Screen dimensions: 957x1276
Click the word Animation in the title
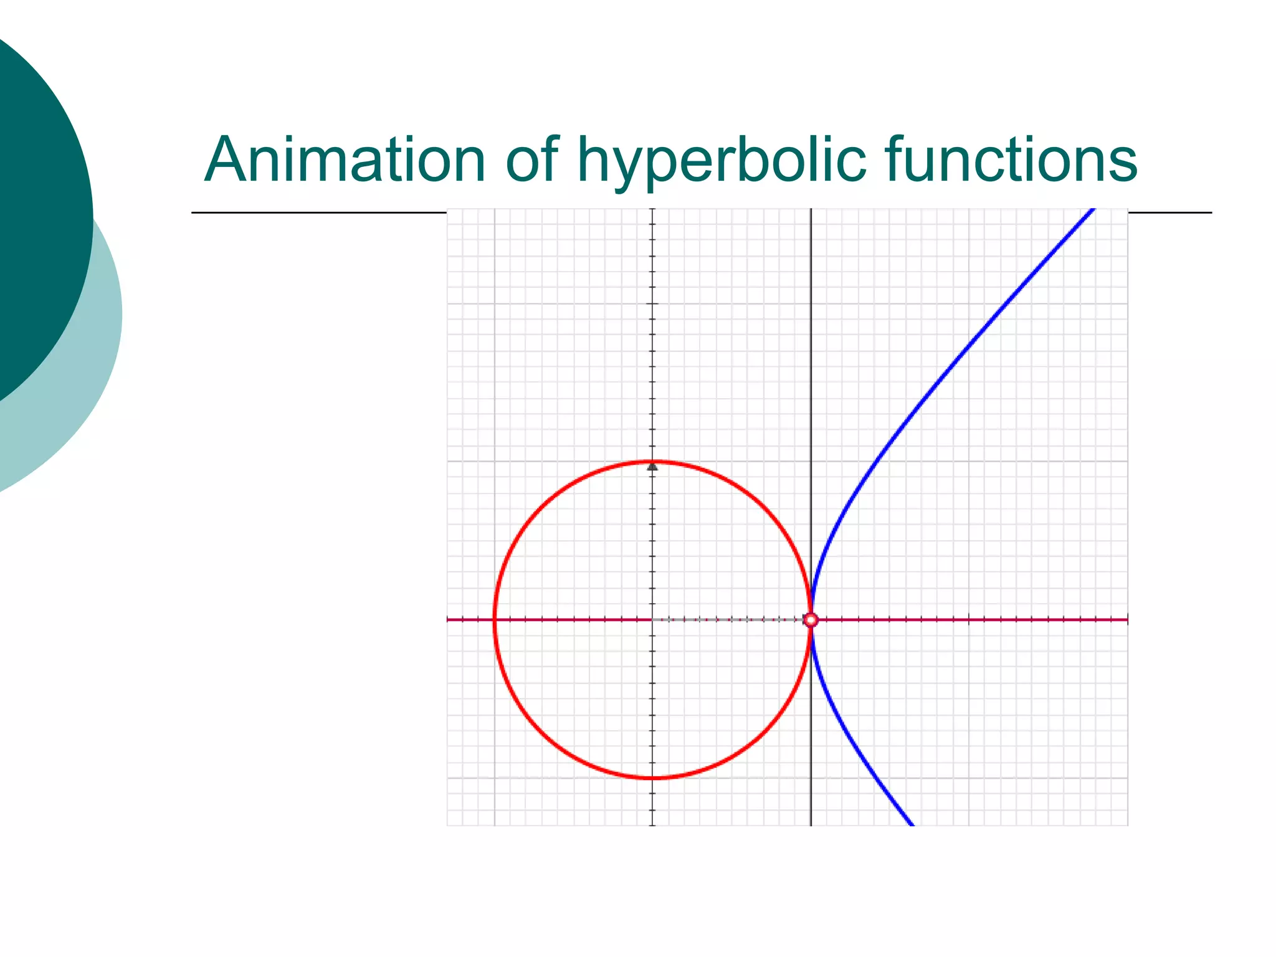(345, 160)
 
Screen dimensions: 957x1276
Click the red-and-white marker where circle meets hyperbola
(811, 620)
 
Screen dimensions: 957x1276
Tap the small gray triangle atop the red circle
(652, 466)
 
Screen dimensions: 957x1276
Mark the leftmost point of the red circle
(495, 620)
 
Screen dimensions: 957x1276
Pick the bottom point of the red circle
(653, 778)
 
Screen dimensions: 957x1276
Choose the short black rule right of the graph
(1169, 213)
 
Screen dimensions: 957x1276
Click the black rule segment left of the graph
(318, 213)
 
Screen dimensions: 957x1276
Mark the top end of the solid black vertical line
(811, 211)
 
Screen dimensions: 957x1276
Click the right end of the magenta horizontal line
(1126, 620)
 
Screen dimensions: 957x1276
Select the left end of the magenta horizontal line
(449, 620)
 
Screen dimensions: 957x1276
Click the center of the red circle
(653, 620)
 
